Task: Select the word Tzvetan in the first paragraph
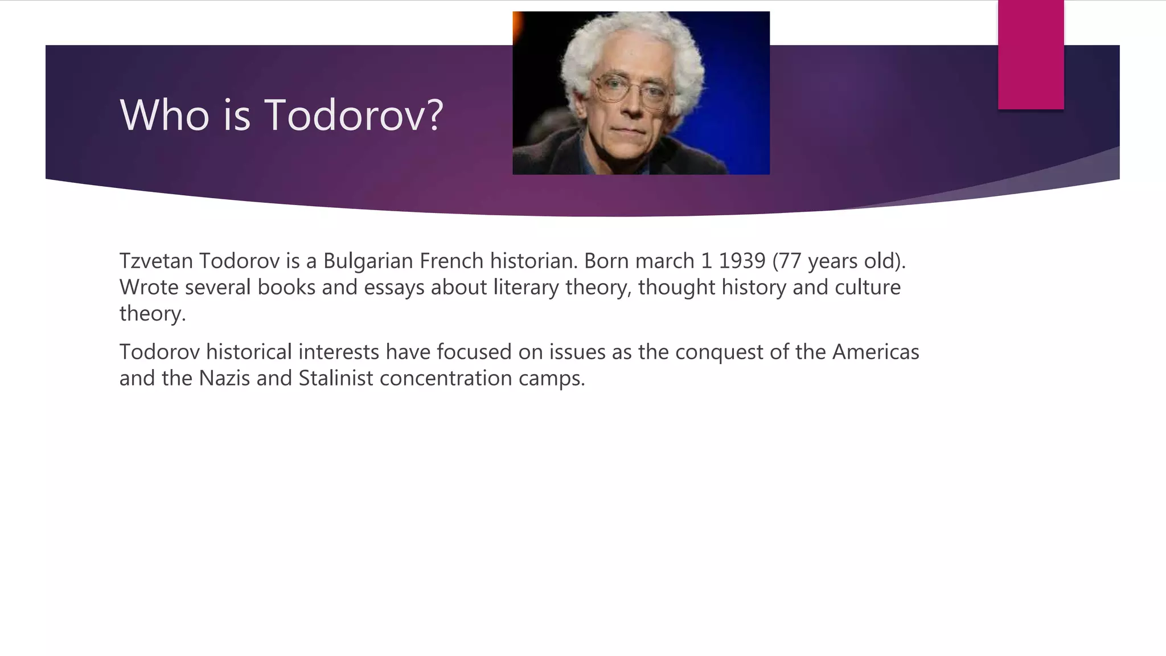(156, 261)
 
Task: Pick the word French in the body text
(451, 261)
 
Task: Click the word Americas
(876, 352)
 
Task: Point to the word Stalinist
(336, 378)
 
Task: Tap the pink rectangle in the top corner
(1030, 55)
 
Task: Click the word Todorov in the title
(354, 116)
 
